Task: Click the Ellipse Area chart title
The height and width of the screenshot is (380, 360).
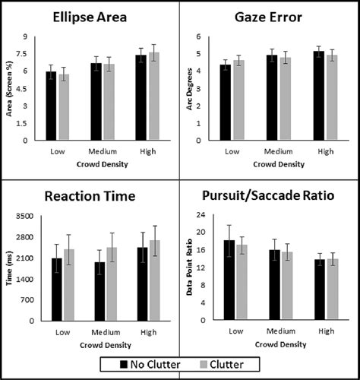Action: click(90, 18)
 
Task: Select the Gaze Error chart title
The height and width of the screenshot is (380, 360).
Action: click(270, 18)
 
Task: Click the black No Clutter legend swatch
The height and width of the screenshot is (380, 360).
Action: click(111, 365)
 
